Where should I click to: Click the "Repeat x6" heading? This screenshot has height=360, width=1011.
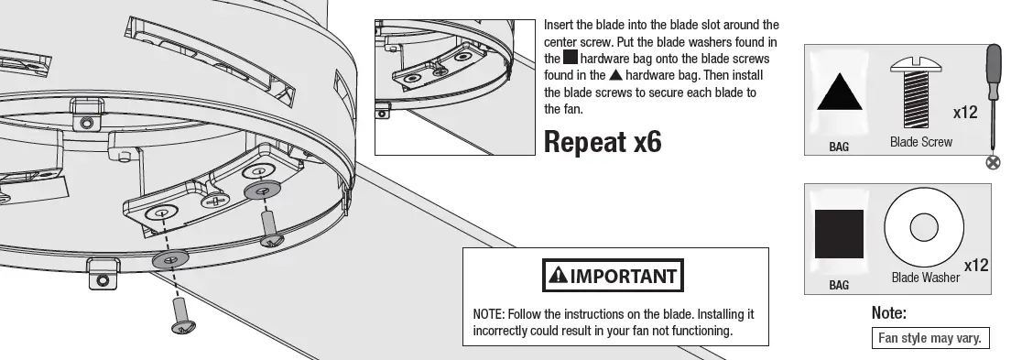click(602, 142)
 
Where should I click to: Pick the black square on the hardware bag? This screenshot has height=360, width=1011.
click(839, 234)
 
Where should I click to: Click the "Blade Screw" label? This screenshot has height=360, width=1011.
click(920, 142)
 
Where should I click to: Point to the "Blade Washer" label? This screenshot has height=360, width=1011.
click(925, 277)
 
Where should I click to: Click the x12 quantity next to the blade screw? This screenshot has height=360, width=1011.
click(965, 113)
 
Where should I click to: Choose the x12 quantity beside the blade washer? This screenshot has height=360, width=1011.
click(975, 265)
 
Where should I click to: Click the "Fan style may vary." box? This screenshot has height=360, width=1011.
click(929, 338)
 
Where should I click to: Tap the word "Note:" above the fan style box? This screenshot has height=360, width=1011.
click(888, 313)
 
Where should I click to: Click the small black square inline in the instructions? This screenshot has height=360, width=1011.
click(570, 58)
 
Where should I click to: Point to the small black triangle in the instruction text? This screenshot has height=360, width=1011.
click(616, 75)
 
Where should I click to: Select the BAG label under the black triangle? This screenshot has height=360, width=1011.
click(839, 147)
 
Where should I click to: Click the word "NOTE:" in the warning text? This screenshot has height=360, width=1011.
click(488, 313)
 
